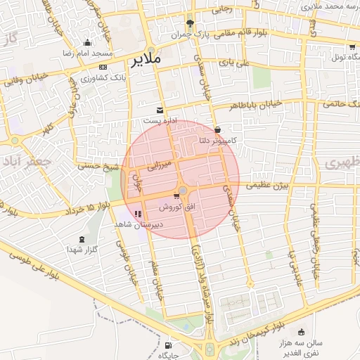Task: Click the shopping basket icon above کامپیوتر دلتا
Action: pos(218,130)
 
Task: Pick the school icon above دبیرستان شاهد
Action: pos(138,213)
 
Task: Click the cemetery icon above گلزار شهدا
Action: pos(85,239)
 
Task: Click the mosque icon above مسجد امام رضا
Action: pos(86,42)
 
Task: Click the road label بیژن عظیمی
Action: pos(271,186)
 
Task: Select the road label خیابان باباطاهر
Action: pos(255,105)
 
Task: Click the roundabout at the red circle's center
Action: pos(183,191)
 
